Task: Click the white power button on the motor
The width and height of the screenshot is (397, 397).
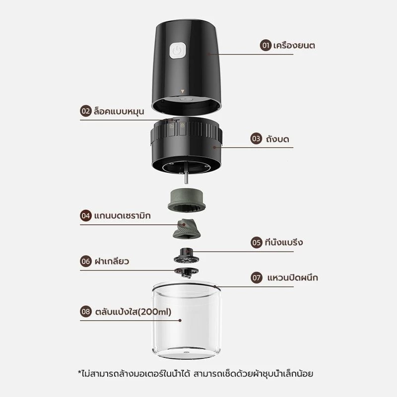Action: (x=178, y=51)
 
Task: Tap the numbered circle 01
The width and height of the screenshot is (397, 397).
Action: (x=265, y=45)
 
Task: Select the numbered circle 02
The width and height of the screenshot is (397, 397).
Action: (x=86, y=111)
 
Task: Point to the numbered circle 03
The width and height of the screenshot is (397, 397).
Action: (x=256, y=138)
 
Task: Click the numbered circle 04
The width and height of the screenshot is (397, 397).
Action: (x=86, y=215)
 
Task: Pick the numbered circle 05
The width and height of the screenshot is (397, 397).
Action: (x=256, y=242)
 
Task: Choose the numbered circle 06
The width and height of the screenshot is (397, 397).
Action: (x=86, y=261)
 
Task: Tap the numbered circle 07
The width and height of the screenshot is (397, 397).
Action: (x=256, y=278)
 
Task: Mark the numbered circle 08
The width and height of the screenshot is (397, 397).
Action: (x=86, y=312)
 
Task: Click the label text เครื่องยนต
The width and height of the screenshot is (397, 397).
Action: (x=294, y=45)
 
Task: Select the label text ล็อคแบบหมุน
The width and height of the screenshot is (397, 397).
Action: (x=119, y=111)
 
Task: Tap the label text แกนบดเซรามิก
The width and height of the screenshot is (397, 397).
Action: (x=122, y=215)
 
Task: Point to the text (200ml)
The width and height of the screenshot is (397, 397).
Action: (x=154, y=312)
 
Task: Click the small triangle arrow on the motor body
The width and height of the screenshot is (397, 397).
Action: (x=182, y=91)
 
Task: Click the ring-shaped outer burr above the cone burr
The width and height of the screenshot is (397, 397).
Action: (x=187, y=200)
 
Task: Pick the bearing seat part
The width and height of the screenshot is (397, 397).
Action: (x=187, y=256)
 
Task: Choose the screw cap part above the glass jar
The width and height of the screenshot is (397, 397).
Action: (x=187, y=272)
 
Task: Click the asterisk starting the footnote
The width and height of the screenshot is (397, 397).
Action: (x=79, y=372)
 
